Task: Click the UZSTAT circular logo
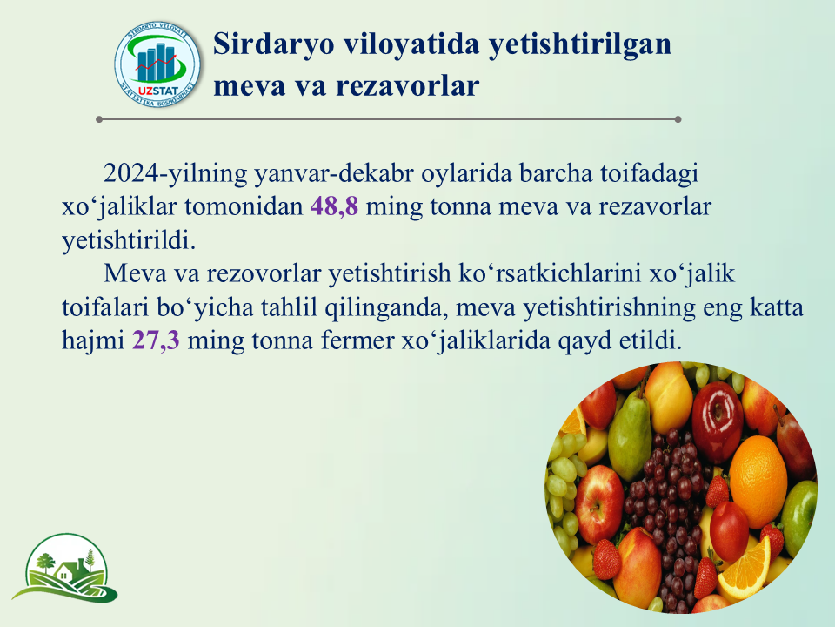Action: point(157,64)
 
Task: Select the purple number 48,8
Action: point(334,206)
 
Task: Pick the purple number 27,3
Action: point(156,340)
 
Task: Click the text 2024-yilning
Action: point(176,174)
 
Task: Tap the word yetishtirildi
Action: point(129,240)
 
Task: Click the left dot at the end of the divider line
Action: point(99,119)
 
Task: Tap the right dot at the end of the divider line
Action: point(678,119)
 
